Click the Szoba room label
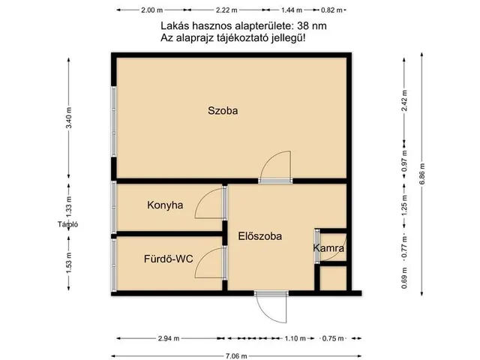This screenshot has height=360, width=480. point(223,111)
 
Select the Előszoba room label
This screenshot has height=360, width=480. point(259,236)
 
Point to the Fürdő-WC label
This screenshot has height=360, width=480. point(169,259)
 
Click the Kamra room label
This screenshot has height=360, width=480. point(328,247)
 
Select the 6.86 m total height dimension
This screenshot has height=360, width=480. point(423,175)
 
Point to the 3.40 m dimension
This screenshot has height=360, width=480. point(69,120)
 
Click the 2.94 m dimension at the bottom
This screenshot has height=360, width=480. point(168,338)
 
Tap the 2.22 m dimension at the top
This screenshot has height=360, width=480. point(226,10)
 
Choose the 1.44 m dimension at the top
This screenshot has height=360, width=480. point(292,10)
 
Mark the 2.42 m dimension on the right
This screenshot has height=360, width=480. point(404,101)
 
